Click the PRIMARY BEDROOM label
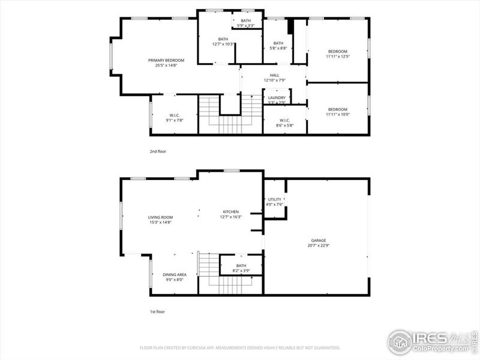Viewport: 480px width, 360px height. tap(166, 60)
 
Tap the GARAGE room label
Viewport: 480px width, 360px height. tap(318, 240)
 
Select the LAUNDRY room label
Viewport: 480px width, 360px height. tap(277, 97)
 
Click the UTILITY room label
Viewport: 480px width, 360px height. tap(274, 199)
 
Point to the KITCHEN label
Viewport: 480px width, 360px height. tap(231, 212)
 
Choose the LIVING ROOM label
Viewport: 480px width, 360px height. tap(160, 217)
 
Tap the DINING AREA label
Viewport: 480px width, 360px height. tap(174, 274)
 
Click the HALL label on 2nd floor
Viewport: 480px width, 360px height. tap(274, 75)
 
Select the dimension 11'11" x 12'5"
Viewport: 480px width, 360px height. tap(337, 56)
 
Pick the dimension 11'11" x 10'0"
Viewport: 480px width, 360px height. tap(337, 114)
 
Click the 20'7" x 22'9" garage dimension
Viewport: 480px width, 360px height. tap(318, 245)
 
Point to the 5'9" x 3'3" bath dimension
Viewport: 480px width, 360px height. tap(246, 26)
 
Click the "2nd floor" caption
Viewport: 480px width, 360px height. tap(158, 151)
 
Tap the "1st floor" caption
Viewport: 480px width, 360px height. tap(157, 311)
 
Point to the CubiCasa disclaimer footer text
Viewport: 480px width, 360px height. tap(240, 347)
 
